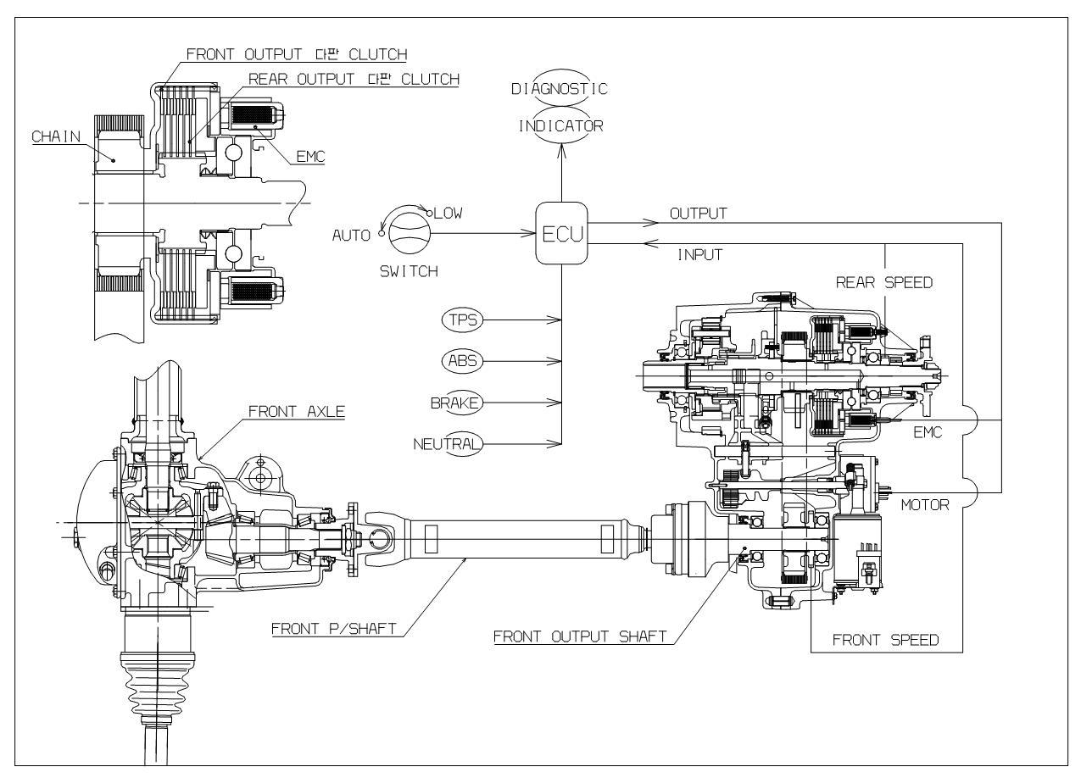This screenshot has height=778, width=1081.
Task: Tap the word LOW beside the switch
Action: [x=449, y=214]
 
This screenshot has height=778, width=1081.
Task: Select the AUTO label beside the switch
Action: [x=351, y=236]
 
